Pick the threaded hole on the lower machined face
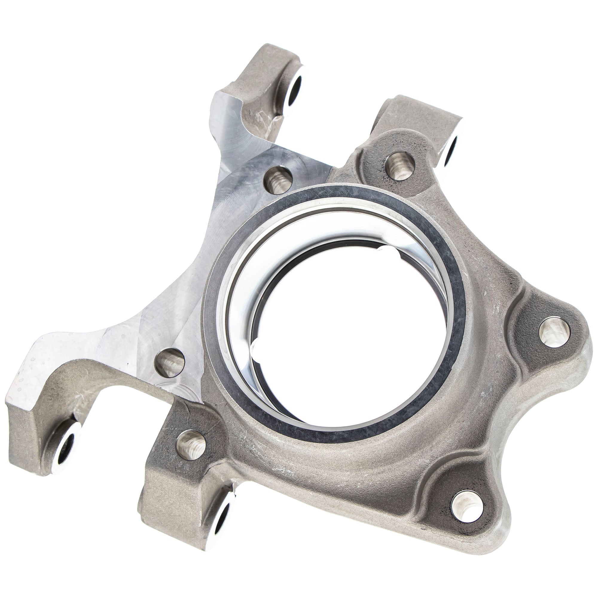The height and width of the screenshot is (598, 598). (x=170, y=362)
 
